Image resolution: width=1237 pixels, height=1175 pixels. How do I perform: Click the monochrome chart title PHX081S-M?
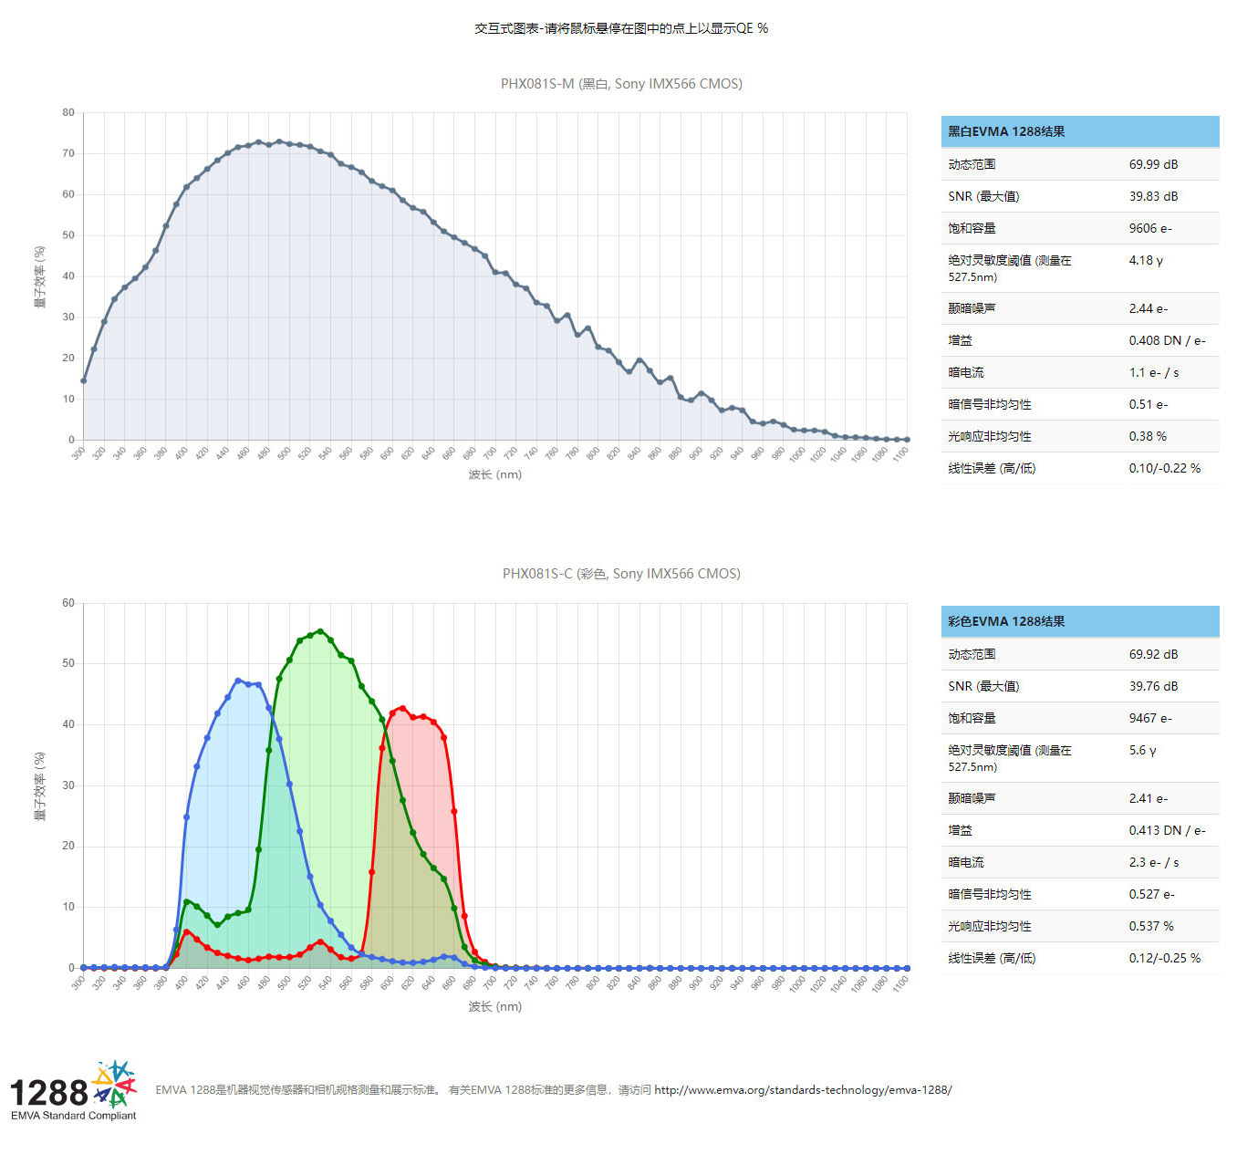coord(621,84)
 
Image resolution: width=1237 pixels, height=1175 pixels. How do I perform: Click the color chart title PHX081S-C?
coord(621,574)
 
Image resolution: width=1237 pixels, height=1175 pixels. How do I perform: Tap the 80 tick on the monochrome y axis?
coord(68,113)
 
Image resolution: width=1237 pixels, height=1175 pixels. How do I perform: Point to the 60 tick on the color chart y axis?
coord(68,603)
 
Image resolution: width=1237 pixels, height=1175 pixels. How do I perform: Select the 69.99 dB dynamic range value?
coord(1153,164)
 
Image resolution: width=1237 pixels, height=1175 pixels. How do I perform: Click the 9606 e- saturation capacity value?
coord(1150,228)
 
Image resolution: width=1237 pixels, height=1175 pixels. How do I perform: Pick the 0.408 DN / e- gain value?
coord(1167,340)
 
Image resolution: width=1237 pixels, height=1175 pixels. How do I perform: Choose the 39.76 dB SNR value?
coord(1153,686)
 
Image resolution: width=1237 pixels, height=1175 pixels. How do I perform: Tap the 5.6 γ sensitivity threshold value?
coord(1142,750)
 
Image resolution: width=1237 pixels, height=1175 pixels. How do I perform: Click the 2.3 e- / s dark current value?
coord(1154,862)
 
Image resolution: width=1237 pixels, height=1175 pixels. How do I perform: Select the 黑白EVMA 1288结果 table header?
coord(1006,131)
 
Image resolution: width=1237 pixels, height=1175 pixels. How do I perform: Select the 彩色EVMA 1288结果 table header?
coord(1006,621)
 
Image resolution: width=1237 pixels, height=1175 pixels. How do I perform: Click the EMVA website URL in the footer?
coord(803,1090)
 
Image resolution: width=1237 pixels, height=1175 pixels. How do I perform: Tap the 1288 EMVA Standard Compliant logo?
coord(73,1091)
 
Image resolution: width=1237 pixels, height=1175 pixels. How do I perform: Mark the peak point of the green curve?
coord(320,631)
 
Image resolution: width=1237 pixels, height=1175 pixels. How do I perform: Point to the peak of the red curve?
coord(402,708)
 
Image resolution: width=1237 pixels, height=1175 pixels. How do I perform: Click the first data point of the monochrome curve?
coord(84,380)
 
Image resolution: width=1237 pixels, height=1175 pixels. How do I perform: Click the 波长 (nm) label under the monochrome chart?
coord(495,474)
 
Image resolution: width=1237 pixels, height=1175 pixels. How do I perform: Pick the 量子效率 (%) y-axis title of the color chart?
coord(40,785)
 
